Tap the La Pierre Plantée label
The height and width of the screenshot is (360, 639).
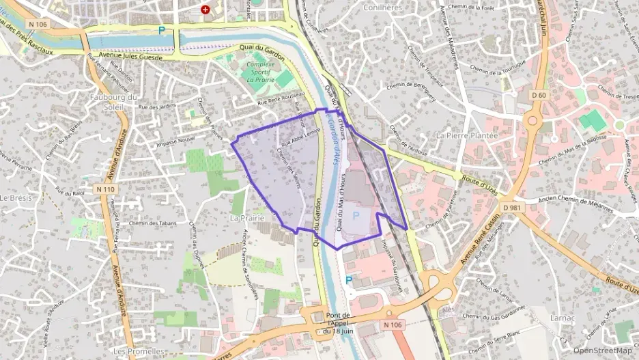(x=467, y=135)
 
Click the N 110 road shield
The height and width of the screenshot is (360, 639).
(x=105, y=189)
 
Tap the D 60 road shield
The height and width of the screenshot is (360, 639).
(x=539, y=95)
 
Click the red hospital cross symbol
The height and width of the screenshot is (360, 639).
(x=205, y=10)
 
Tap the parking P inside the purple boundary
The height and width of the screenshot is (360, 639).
(x=354, y=215)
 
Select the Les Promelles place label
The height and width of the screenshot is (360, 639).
(x=137, y=351)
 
